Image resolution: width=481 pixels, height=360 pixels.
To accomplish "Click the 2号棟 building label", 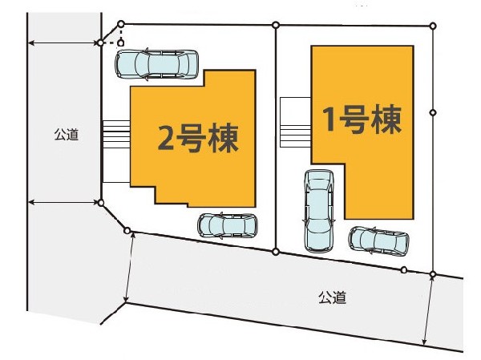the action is [198, 138].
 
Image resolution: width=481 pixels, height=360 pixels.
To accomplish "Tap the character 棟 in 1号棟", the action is [386, 120].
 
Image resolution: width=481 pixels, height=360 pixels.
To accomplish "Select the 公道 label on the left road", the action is [67, 135].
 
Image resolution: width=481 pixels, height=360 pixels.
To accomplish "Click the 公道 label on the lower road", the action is [332, 297].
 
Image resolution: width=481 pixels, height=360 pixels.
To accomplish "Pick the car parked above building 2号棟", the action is [156, 64].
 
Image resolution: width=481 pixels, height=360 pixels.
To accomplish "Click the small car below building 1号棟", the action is [378, 239].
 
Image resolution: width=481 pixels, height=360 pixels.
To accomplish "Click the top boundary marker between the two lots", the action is [275, 25].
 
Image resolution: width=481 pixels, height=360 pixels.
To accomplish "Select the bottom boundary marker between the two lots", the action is [276, 252].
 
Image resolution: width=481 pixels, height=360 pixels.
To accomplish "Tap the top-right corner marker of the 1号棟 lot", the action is [433, 25].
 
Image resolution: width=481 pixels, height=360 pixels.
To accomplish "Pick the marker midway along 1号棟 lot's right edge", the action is [433, 112].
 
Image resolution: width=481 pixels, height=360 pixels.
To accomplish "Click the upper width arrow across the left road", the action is [64, 42].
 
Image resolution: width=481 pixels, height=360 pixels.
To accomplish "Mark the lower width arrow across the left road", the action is [64, 203].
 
